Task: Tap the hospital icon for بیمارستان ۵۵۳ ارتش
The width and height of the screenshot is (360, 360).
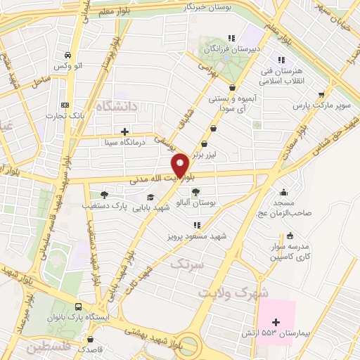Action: (x=275, y=321)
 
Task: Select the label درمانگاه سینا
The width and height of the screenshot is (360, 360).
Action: (x=124, y=141)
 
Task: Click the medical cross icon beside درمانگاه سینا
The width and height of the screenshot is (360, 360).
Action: (x=124, y=131)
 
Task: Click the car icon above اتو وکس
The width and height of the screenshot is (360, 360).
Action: (x=67, y=55)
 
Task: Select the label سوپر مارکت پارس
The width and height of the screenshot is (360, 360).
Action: (x=321, y=105)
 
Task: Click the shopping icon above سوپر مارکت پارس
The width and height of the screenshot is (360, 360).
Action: (x=321, y=94)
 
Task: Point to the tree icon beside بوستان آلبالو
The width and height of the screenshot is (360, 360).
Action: (x=195, y=192)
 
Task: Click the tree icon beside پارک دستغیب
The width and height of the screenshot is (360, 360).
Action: (x=104, y=195)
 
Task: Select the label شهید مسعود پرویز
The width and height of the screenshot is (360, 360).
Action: (x=198, y=236)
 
